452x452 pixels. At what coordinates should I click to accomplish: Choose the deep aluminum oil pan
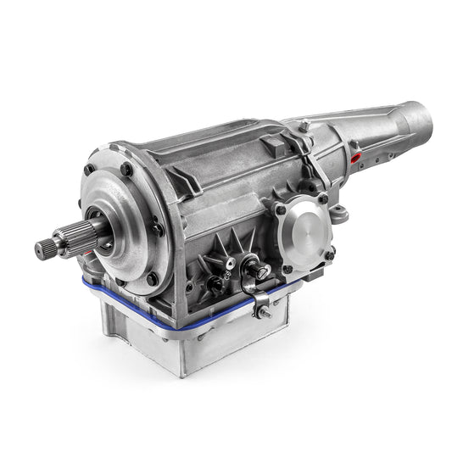pos(204,339)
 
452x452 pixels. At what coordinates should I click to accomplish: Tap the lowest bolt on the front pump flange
pos(151,279)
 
